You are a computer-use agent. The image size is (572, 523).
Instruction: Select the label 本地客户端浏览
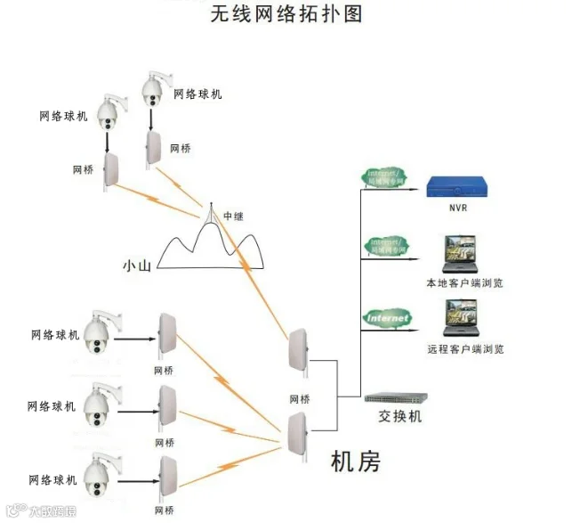[x=465, y=283]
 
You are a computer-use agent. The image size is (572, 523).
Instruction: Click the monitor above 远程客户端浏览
[x=463, y=320]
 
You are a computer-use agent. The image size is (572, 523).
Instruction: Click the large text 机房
[x=355, y=462]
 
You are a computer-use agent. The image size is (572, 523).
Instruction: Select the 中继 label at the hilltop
[x=233, y=217]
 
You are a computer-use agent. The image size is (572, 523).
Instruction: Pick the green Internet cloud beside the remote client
[x=388, y=316]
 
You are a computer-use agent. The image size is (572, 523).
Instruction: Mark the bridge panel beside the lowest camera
[x=165, y=477]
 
